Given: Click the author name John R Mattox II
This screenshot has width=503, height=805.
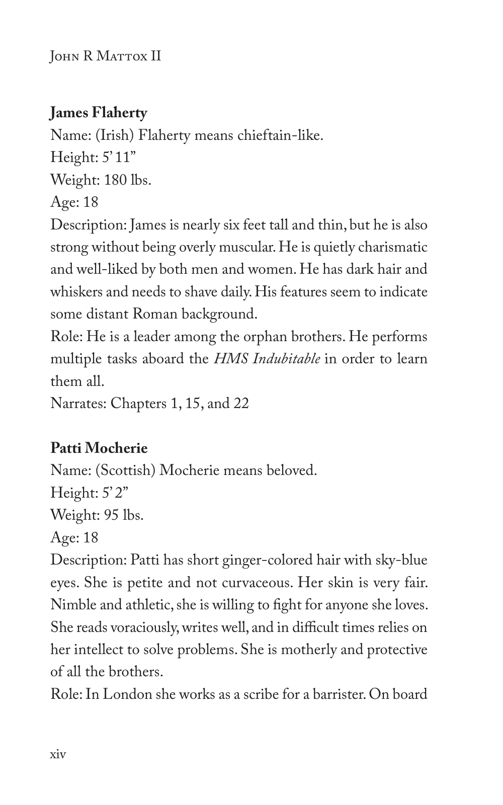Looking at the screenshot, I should (x=106, y=55).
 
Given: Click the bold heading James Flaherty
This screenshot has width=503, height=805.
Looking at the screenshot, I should (x=99, y=113).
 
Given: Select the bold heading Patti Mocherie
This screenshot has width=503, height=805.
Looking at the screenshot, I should (x=99, y=448).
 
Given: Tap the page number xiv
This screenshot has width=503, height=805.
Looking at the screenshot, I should (x=58, y=754).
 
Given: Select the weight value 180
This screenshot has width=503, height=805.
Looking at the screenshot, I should (x=116, y=180).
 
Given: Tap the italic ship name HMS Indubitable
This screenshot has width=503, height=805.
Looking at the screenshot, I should (x=267, y=359).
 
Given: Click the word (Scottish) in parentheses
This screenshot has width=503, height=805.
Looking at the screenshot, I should (x=125, y=470).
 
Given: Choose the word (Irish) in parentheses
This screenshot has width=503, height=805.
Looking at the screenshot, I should (x=115, y=135).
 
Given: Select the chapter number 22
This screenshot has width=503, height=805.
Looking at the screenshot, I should (x=241, y=404).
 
